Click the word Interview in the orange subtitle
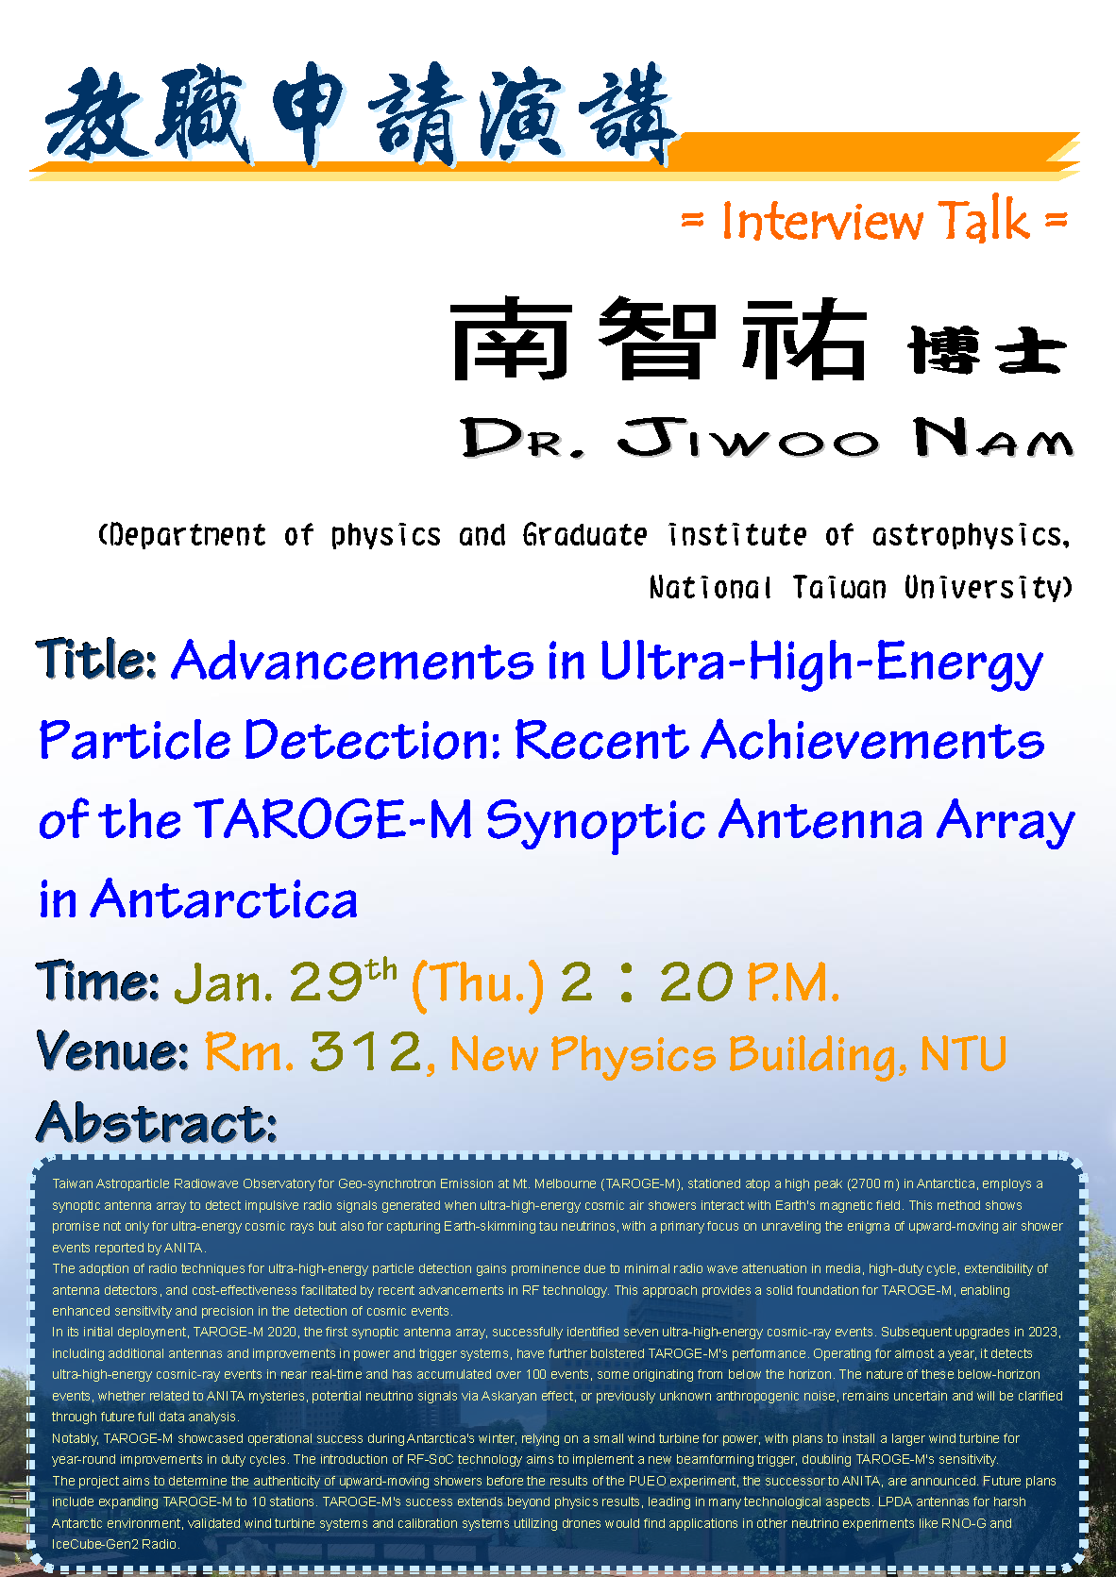[821, 220]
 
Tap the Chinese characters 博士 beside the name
[988, 349]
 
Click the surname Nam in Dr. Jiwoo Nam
[992, 437]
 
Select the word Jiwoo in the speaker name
[748, 437]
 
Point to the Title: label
[96, 659]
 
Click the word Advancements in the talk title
[352, 661]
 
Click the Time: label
[98, 981]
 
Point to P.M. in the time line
[793, 982]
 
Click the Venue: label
[112, 1050]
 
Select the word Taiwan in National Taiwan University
[839, 587]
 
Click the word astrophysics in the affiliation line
[971, 536]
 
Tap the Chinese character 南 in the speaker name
[512, 339]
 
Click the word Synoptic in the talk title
[596, 822]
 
